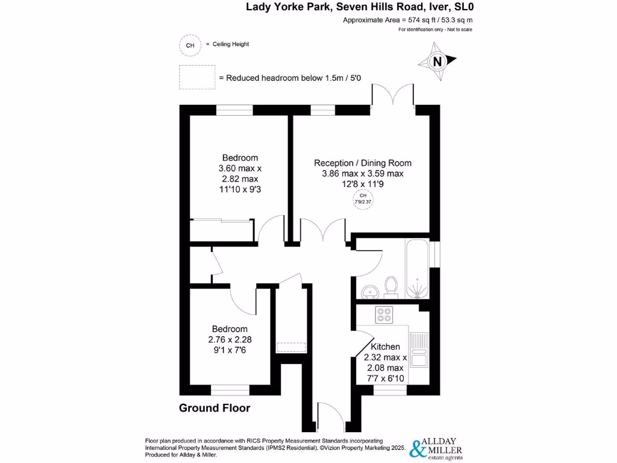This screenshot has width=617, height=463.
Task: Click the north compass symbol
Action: tap(438, 61)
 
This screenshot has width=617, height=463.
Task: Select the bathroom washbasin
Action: tap(369, 292)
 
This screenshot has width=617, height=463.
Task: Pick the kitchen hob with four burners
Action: tap(384, 313)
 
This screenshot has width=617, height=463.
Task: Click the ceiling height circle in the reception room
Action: tap(363, 198)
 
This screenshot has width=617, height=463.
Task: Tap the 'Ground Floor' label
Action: tap(215, 408)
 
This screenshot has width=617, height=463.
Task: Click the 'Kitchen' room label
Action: tap(385, 347)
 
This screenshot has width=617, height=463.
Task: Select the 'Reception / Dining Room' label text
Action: tap(363, 163)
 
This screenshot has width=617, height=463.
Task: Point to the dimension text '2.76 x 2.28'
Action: tap(229, 340)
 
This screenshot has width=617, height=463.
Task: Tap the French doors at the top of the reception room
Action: tap(393, 96)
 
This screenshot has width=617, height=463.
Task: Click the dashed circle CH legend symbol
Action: tap(190, 45)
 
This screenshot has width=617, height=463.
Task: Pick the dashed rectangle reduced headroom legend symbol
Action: tap(197, 77)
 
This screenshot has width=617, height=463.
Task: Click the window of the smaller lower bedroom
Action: tap(229, 389)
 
